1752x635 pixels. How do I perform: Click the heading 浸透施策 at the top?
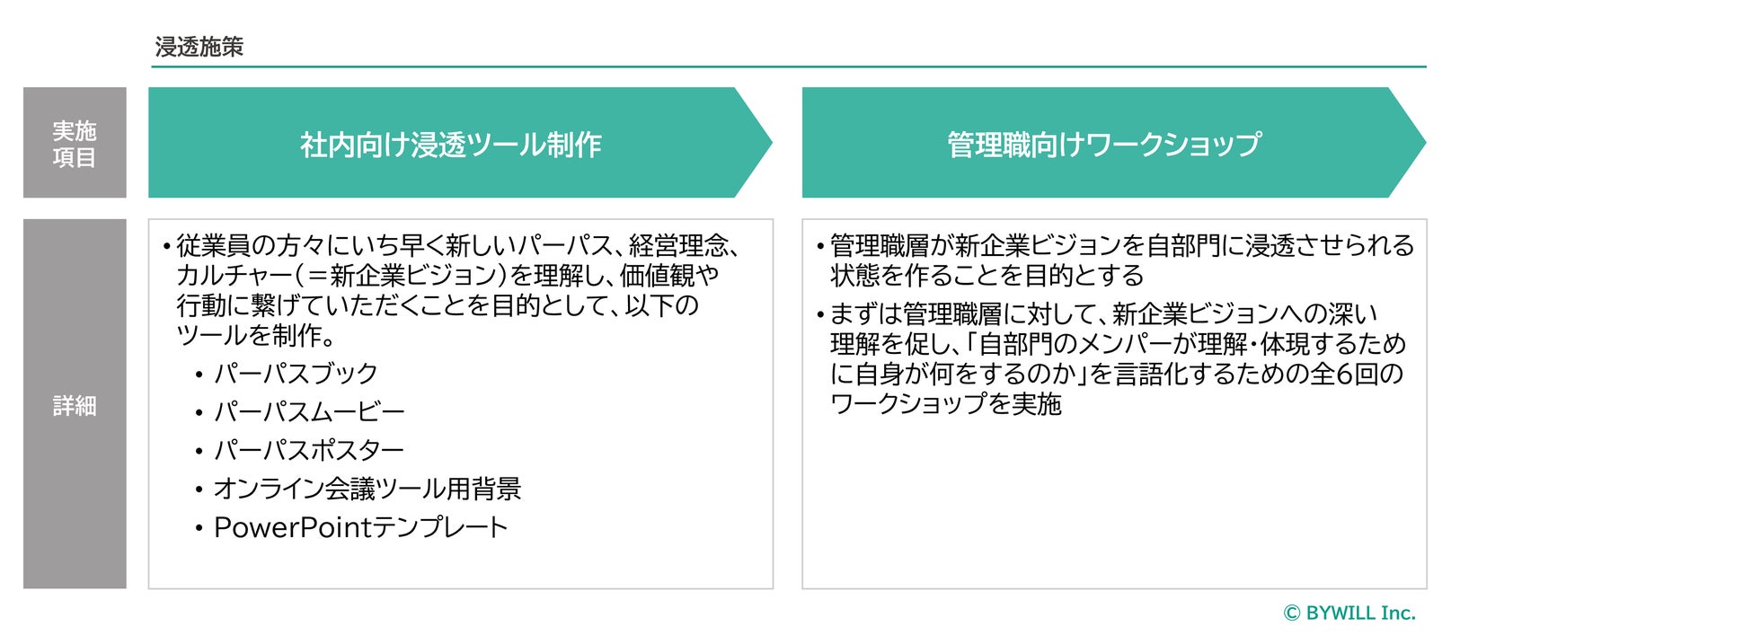pos(199,47)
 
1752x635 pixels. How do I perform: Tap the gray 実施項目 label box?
pos(75,143)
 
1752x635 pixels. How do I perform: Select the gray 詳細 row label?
pos(75,405)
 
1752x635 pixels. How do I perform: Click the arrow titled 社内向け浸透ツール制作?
pos(451,144)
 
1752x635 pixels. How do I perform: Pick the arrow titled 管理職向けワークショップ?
pos(1103,144)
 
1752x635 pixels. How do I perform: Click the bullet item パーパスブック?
pos(296,373)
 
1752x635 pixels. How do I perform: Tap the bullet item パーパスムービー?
pos(309,411)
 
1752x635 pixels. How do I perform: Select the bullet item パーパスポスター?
pos(309,449)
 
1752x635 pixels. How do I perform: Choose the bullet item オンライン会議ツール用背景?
pos(367,488)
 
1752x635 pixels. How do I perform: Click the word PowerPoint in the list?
pos(292,527)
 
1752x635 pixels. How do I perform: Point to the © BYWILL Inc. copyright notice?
pos(1349,613)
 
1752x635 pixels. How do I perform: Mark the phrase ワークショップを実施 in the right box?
pos(945,403)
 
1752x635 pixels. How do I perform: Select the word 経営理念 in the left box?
pos(678,245)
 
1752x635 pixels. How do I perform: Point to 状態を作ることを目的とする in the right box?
pos(987,275)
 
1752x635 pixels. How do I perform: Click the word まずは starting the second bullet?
pos(865,313)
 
